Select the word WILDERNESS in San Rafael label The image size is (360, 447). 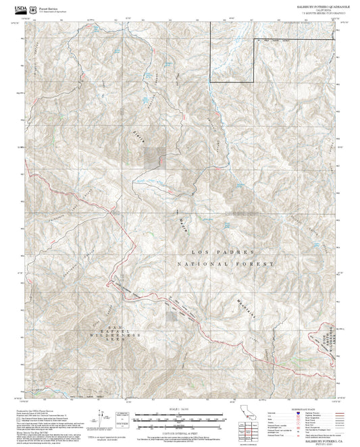[122, 335]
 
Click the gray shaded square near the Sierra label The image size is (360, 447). [153, 157]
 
